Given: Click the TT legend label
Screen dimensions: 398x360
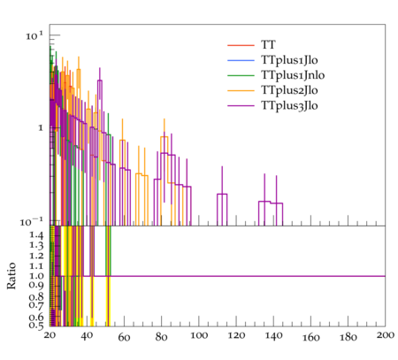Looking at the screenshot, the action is [x=268, y=45].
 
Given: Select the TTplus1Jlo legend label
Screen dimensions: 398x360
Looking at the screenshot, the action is [x=289, y=60].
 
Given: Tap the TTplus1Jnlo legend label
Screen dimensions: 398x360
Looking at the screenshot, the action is [x=293, y=75].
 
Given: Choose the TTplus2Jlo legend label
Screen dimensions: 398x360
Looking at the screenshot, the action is [x=289, y=90].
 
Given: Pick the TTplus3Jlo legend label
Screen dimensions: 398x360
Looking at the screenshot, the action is [x=289, y=105].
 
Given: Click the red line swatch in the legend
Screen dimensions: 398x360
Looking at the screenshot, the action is [x=241, y=45].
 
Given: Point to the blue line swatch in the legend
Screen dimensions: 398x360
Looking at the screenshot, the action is [x=241, y=60].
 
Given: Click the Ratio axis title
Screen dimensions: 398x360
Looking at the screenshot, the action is [x=11, y=276].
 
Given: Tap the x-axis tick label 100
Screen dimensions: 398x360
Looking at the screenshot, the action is [x=199, y=336].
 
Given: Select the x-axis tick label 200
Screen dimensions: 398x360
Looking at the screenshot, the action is [x=386, y=335].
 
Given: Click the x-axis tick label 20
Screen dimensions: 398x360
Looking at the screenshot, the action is [x=50, y=335].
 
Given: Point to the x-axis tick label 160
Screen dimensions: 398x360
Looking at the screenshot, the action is [x=310, y=337].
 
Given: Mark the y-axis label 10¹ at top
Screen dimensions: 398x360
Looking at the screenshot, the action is [x=34, y=35].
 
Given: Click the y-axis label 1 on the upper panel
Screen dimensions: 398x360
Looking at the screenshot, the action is [x=41, y=128].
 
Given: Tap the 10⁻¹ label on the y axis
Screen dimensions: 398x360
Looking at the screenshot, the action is [x=31, y=221].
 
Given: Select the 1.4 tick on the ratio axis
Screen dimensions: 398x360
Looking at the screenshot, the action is [x=36, y=235].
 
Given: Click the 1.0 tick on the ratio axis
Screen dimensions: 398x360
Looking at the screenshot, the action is [x=36, y=276].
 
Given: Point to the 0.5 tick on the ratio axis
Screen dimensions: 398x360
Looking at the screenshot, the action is [x=36, y=325].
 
